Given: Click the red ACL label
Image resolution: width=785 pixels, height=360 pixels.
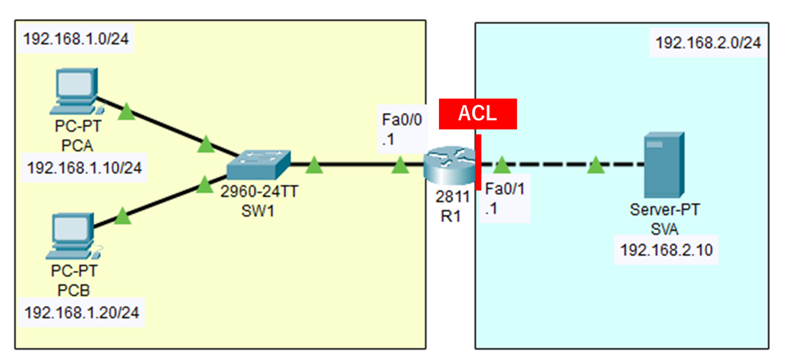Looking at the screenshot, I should [x=478, y=114].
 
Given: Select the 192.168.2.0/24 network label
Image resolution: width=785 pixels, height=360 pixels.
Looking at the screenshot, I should [x=708, y=44].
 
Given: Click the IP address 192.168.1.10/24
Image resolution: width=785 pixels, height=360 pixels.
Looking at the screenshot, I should [x=83, y=168].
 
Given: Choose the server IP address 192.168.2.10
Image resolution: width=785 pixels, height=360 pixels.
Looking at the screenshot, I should [x=664, y=250].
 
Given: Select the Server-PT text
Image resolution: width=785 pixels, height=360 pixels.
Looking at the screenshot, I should [x=664, y=210].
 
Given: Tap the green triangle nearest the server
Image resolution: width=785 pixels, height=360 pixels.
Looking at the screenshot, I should [x=596, y=164].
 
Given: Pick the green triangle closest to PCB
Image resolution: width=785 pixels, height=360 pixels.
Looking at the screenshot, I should [x=121, y=215].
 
